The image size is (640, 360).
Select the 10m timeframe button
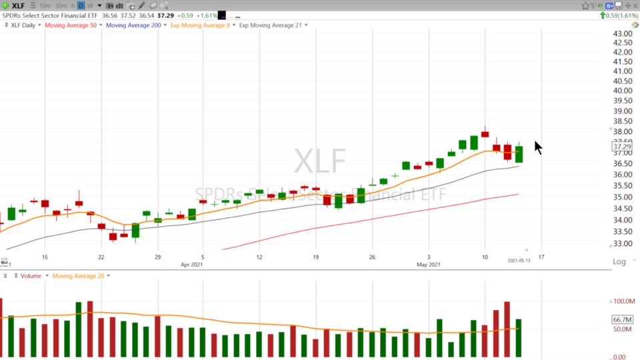[x=45, y=6]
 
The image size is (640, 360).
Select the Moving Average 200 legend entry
[x=133, y=25]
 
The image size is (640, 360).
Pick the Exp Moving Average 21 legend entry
[x=270, y=25]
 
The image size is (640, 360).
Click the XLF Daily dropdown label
[x=23, y=25]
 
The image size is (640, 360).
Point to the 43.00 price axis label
[x=623, y=34]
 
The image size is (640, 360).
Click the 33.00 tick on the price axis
[x=623, y=245]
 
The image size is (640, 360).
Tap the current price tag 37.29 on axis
[x=621, y=147]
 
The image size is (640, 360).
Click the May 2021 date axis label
[x=429, y=265]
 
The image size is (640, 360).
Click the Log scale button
[x=619, y=261]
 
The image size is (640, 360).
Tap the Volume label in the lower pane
[x=31, y=276]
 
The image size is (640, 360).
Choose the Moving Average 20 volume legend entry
[x=78, y=276]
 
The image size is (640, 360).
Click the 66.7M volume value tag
[x=621, y=320]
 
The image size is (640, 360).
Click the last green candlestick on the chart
[x=519, y=154]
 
